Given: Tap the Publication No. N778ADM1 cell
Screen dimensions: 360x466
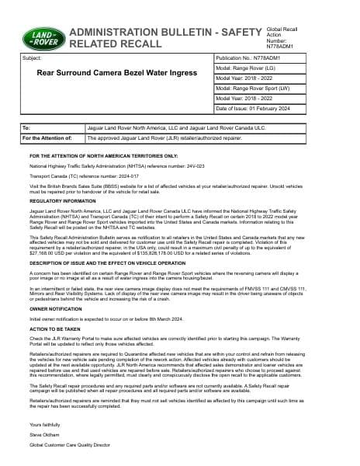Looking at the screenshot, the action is coord(255,58).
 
